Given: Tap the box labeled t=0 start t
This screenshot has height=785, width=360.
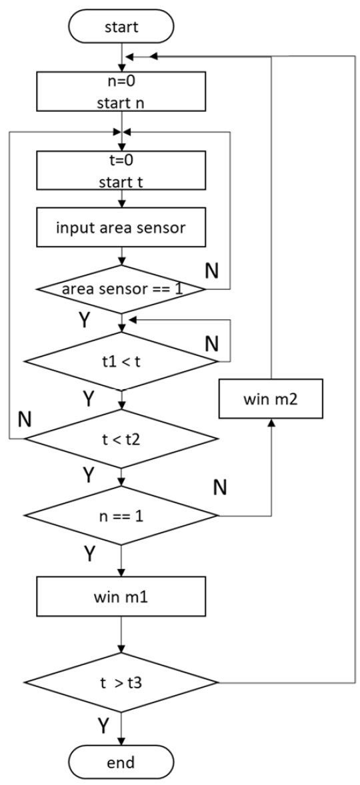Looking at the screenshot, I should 121,169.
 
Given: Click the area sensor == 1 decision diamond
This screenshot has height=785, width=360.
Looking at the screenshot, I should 121,289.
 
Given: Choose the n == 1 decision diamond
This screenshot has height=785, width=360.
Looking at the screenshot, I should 121,515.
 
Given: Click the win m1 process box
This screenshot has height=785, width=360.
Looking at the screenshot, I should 121,592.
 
